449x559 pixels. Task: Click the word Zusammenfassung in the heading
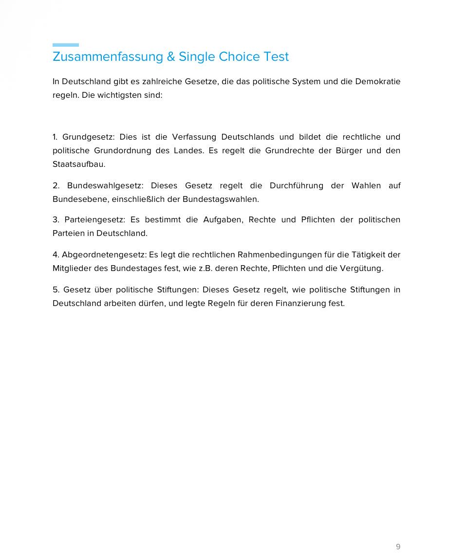(x=108, y=57)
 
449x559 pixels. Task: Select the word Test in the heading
(x=276, y=57)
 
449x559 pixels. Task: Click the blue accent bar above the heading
(x=66, y=45)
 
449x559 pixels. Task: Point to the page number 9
(x=398, y=547)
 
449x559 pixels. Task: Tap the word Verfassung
(x=194, y=137)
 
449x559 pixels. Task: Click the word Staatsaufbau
(x=79, y=164)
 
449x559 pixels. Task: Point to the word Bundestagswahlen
(x=221, y=199)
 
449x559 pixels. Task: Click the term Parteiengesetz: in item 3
(x=94, y=219)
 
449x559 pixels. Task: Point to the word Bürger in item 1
(x=349, y=150)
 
